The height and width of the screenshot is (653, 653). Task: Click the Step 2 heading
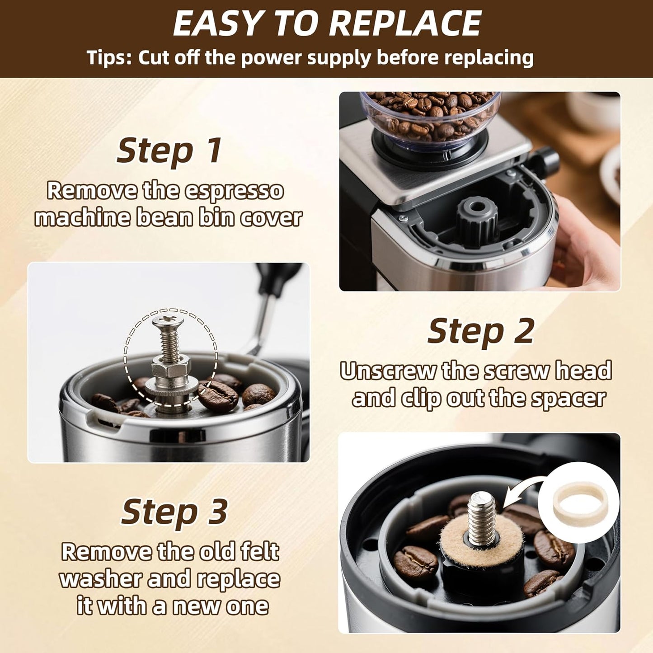(481, 331)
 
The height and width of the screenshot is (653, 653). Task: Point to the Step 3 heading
(174, 512)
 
